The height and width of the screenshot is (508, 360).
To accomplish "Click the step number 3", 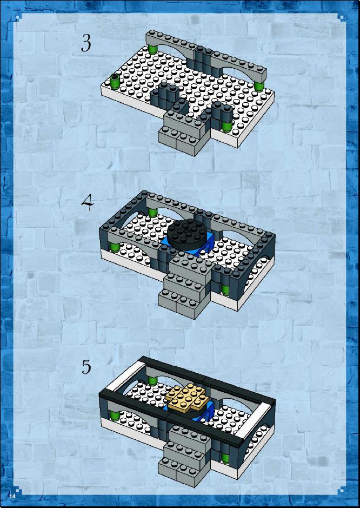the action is pos(86,43).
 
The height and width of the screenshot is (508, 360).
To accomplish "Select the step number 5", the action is pos(86,367).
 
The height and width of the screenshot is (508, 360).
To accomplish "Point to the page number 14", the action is pos(12,496).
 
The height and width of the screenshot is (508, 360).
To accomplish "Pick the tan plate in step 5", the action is pos(187,397).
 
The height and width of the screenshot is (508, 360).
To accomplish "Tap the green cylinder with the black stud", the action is pos(115,81).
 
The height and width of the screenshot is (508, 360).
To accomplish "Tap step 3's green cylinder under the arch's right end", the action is pos(259,86).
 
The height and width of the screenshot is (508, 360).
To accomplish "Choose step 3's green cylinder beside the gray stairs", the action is pos(226,127).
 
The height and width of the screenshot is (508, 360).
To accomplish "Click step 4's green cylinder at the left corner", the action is pos(114,247).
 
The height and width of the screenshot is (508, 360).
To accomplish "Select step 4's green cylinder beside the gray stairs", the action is pos(225,289).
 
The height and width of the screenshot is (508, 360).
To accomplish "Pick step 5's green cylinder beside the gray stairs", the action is pos(225,458).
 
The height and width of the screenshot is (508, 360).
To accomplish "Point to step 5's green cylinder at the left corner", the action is pos(114,415).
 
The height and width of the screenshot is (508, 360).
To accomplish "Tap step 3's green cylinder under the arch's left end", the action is pos(152,50).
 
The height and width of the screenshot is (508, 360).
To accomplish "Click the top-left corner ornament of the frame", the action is pos(18,16).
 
